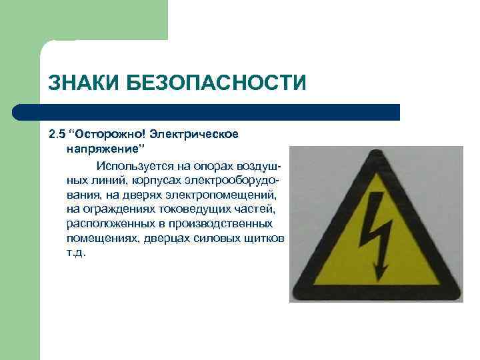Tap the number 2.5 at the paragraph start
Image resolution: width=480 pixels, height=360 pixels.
pyautogui.click(x=56, y=134)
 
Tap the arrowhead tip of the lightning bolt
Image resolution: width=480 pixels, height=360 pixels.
pyautogui.click(x=381, y=279)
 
